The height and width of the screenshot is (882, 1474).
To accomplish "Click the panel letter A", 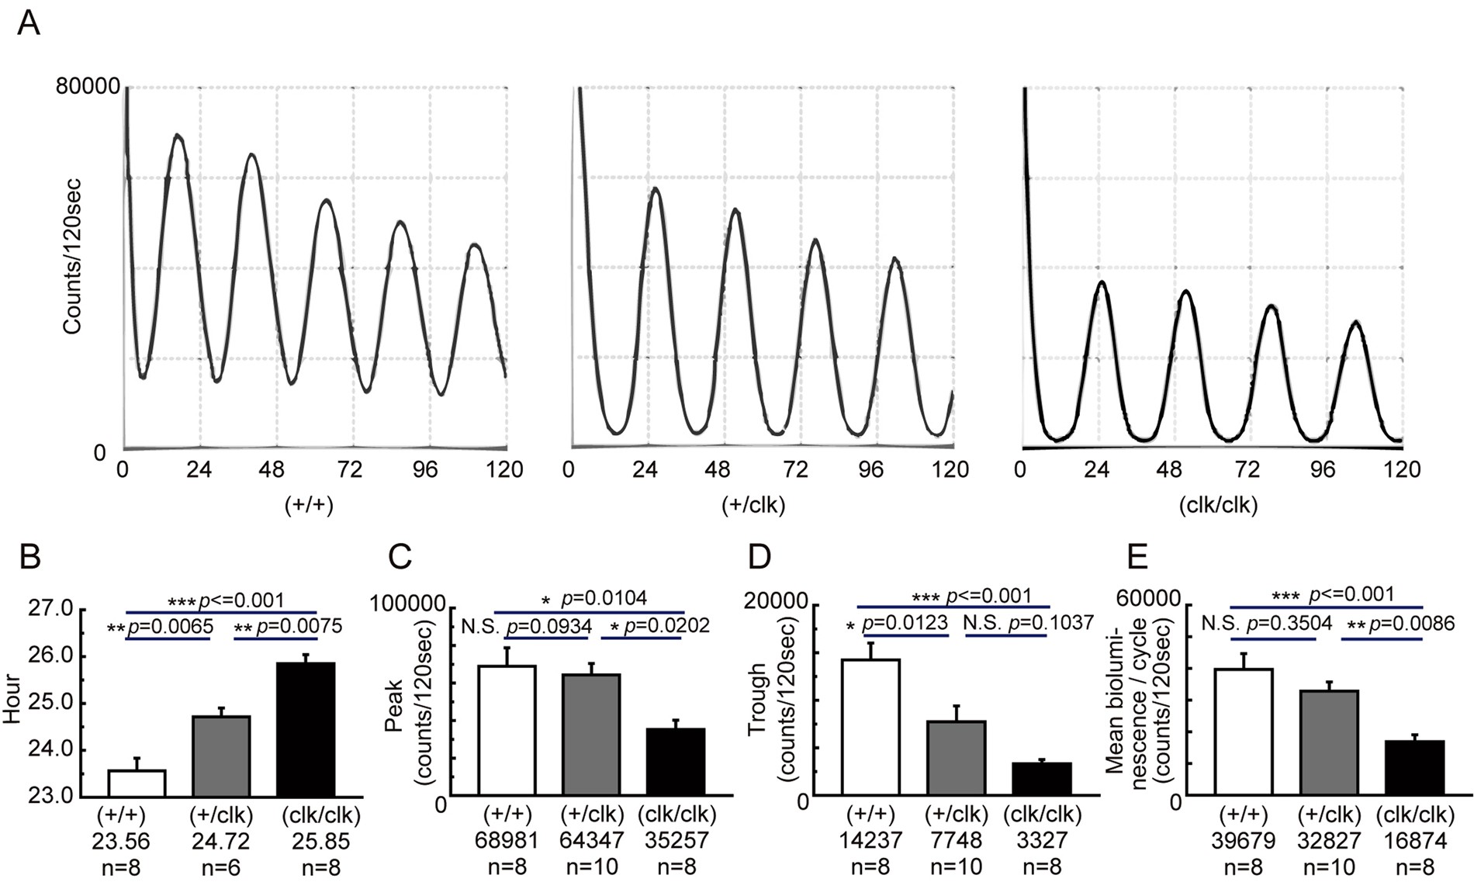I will coord(29,22).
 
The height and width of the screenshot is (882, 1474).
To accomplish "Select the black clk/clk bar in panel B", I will coord(306,729).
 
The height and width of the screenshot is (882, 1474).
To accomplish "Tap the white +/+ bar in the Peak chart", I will coord(507,729).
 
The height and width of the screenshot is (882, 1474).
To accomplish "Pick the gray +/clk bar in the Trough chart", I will coord(957,757).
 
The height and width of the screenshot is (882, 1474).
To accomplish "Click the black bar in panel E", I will coord(1415,767).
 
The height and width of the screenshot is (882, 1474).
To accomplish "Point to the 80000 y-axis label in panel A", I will coord(87,86).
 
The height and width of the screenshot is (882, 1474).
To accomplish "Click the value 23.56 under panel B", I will coord(121,841).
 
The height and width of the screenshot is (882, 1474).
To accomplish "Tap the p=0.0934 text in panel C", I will coord(548,626).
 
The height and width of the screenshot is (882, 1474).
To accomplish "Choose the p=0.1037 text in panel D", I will coord(1050,622).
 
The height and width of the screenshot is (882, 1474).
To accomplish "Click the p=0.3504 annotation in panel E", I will coord(1289,623).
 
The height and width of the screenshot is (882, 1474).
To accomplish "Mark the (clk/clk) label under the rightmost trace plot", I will coord(1217,506).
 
